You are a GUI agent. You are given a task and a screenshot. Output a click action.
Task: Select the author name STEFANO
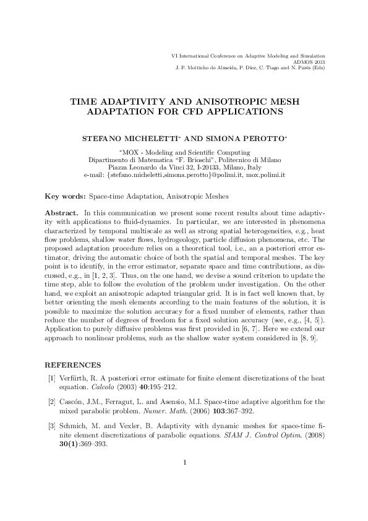point(104,135)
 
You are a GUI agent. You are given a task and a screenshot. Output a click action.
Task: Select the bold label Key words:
point(65,196)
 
